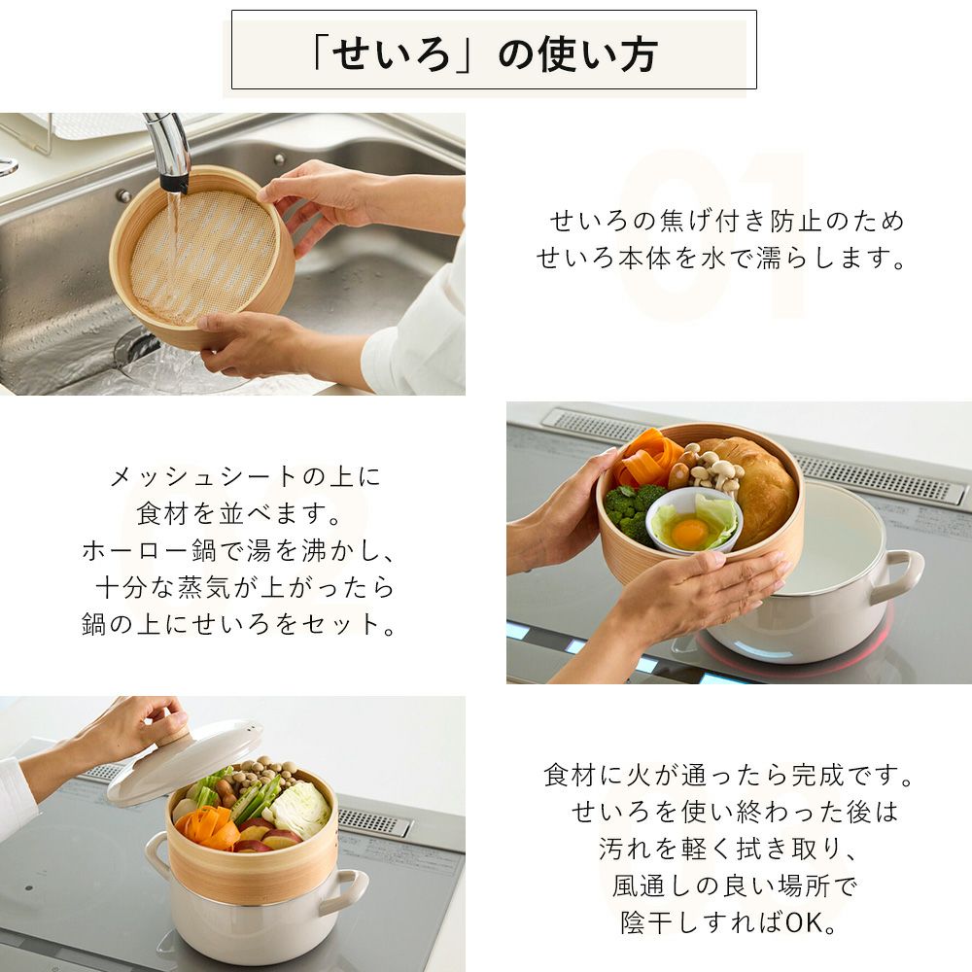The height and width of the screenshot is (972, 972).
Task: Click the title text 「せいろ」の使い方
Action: (x=485, y=53)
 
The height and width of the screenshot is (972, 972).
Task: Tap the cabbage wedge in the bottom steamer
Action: (x=301, y=809)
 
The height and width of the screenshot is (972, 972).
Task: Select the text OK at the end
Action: (x=805, y=922)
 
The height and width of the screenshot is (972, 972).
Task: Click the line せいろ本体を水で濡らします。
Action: (x=721, y=258)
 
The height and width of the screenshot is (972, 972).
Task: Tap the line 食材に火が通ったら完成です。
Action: (x=728, y=775)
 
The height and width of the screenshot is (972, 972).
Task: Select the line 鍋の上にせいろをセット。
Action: (x=239, y=624)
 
